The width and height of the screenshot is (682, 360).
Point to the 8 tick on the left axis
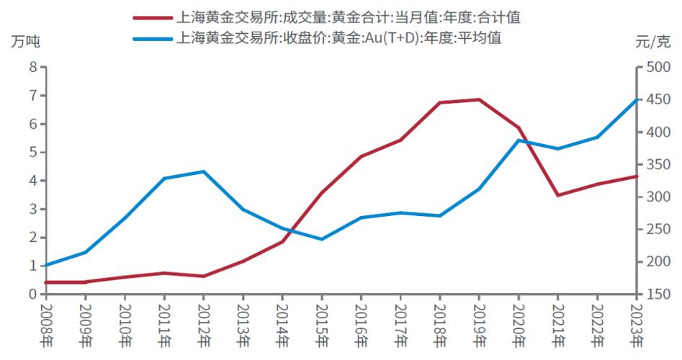[x=32, y=67]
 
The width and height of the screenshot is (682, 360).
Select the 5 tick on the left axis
[x=32, y=152]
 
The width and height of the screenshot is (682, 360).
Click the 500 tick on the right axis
[x=657, y=67]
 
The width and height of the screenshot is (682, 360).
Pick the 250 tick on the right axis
[x=657, y=230]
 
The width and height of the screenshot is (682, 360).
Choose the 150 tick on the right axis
[x=657, y=294]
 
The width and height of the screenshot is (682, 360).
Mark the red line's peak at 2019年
[x=480, y=99]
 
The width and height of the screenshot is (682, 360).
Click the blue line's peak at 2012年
[x=204, y=171]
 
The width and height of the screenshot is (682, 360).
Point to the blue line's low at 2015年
[x=322, y=239]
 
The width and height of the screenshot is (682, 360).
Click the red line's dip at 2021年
[x=558, y=195]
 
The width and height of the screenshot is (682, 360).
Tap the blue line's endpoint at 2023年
[x=637, y=99]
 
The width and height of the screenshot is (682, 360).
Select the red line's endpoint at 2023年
[x=637, y=176]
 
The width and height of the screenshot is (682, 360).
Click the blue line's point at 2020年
[x=519, y=140]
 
